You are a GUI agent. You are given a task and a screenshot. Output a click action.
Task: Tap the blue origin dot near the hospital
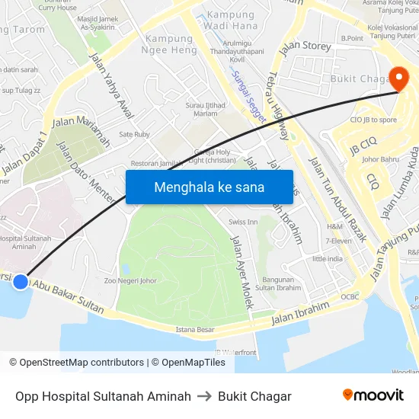(x=21, y=282)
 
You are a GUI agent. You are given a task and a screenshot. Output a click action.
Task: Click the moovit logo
(x=373, y=395)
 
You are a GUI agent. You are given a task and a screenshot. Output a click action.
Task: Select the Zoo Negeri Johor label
(x=130, y=280)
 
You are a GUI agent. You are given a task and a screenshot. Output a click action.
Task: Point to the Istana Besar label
(x=195, y=330)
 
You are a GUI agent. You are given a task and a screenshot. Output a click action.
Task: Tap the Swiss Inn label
(x=243, y=222)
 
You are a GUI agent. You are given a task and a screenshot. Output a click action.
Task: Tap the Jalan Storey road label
(x=305, y=49)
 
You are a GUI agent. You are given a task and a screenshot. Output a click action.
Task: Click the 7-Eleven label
(x=337, y=241)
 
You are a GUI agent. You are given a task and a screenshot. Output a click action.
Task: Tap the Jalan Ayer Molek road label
(x=241, y=271)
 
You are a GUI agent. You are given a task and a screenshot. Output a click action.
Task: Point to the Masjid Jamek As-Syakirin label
(x=98, y=22)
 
